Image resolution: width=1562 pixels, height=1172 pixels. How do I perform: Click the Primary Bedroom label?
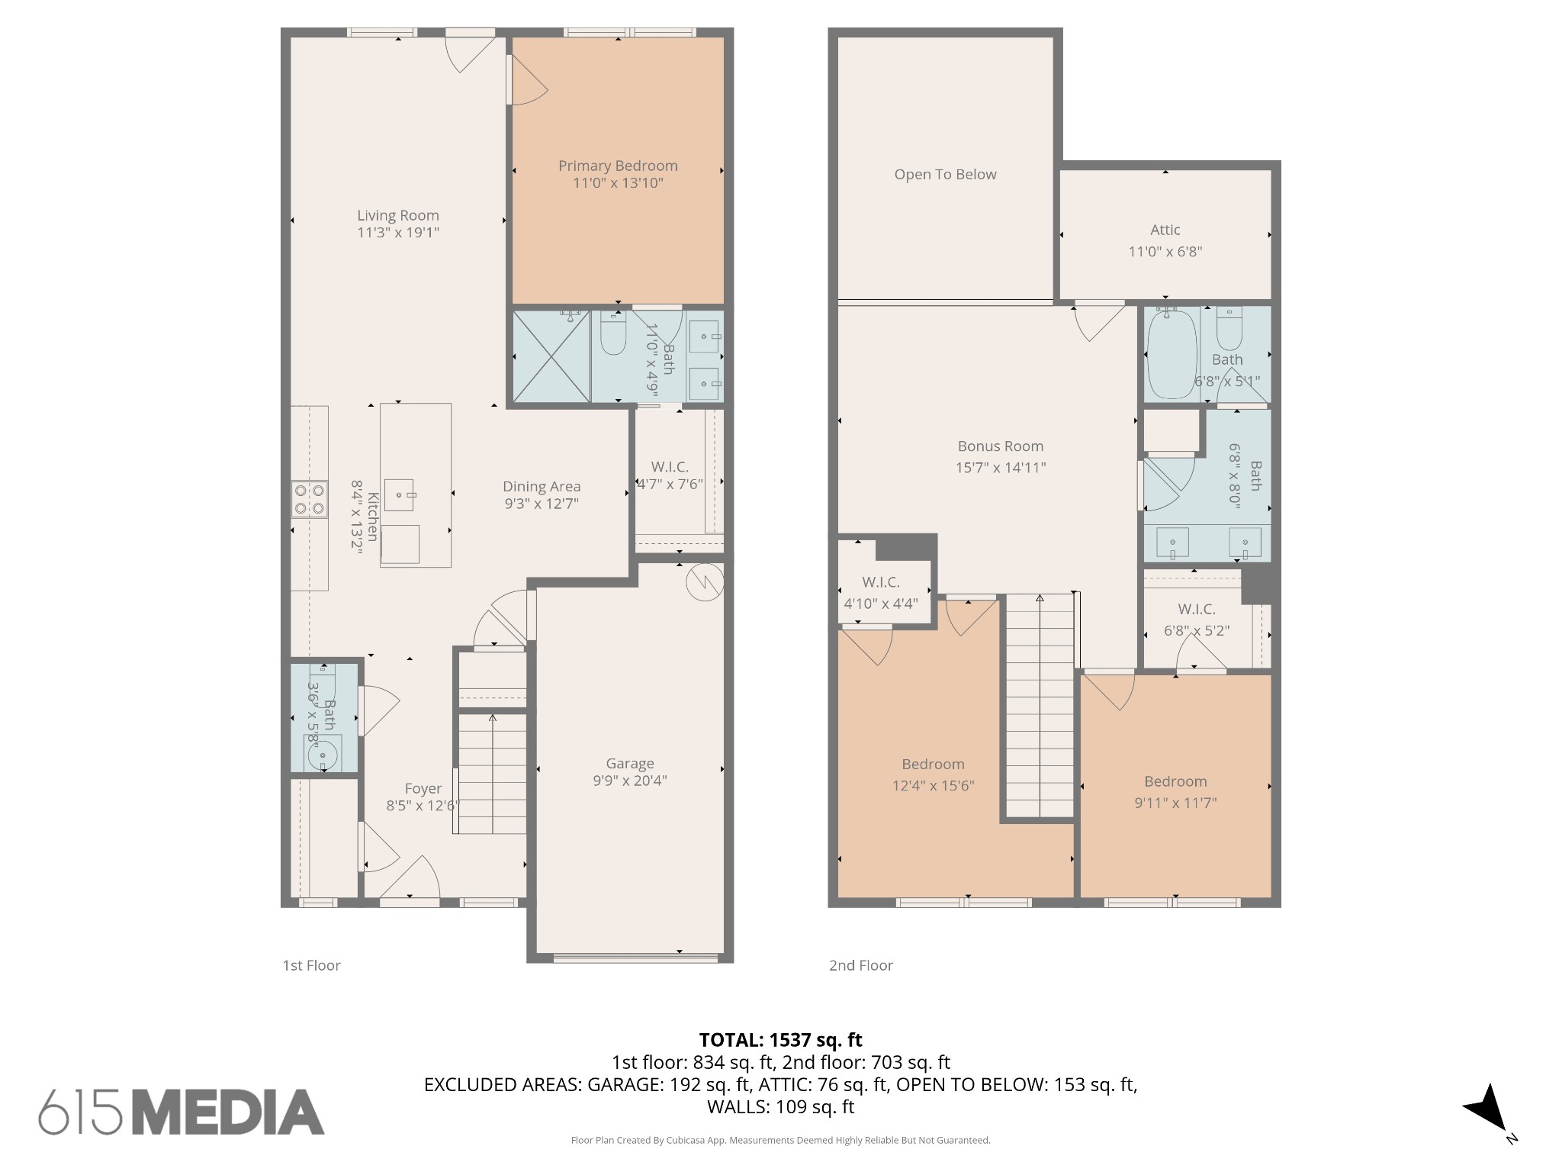click(618, 166)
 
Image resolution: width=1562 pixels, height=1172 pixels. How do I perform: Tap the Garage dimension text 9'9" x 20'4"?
click(630, 781)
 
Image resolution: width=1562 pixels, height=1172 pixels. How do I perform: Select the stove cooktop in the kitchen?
click(310, 500)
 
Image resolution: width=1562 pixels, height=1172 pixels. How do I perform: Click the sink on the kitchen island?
click(399, 494)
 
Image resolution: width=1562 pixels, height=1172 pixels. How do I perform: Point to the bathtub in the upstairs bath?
click(1171, 353)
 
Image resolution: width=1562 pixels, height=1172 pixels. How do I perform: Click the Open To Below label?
click(945, 174)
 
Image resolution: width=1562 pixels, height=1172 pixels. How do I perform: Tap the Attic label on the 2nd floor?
click(1165, 230)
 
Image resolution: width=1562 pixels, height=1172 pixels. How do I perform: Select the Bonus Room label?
click(1000, 446)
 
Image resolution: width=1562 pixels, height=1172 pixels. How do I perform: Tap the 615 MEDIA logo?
click(182, 1112)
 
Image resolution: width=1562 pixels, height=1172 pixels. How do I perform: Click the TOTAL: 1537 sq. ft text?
click(780, 1040)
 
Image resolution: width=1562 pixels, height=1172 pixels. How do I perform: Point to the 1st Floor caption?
click(311, 965)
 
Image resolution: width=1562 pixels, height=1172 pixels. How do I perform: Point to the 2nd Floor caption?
click(860, 965)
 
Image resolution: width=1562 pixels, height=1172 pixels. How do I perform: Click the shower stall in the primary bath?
click(551, 356)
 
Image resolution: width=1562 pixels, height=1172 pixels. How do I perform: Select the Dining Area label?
click(542, 486)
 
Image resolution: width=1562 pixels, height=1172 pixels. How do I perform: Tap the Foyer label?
click(423, 788)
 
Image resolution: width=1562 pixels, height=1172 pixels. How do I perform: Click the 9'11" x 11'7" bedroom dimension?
click(1175, 803)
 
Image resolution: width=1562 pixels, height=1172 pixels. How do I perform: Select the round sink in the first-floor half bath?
click(323, 756)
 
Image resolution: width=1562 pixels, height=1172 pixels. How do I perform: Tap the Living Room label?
click(398, 215)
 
